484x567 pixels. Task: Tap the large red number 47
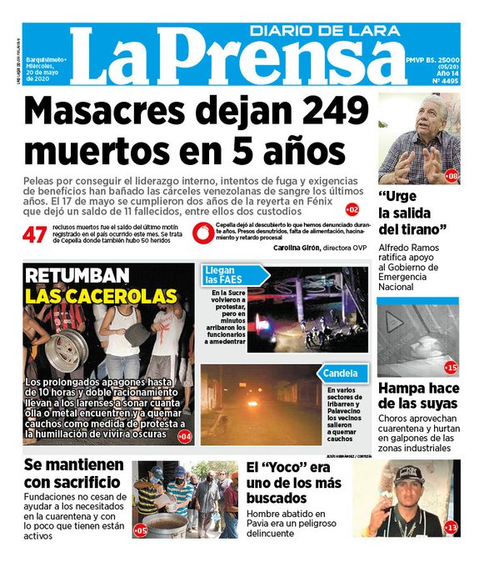(x=34, y=236)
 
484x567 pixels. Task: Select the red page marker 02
(x=352, y=209)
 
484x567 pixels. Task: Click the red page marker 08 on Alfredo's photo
(x=451, y=177)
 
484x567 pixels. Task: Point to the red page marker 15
(x=451, y=367)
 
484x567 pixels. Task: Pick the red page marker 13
(x=451, y=527)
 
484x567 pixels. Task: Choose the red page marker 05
(x=141, y=529)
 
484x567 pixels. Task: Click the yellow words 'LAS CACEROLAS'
(x=100, y=296)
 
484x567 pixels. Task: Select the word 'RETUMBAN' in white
(x=77, y=275)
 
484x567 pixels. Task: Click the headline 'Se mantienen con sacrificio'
(x=73, y=473)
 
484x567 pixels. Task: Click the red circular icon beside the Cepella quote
(x=202, y=234)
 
